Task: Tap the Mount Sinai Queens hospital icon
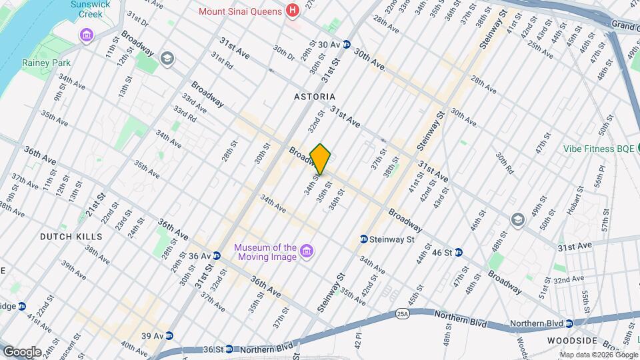(291, 11)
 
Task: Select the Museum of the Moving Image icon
(307, 251)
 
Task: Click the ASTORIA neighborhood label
(315, 97)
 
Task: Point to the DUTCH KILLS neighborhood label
(71, 237)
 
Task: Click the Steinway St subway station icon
(364, 239)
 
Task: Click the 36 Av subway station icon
(217, 256)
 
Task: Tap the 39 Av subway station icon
(169, 336)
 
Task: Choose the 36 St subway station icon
(229, 349)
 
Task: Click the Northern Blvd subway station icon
(569, 324)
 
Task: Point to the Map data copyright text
(598, 355)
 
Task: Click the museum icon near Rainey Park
(87, 35)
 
